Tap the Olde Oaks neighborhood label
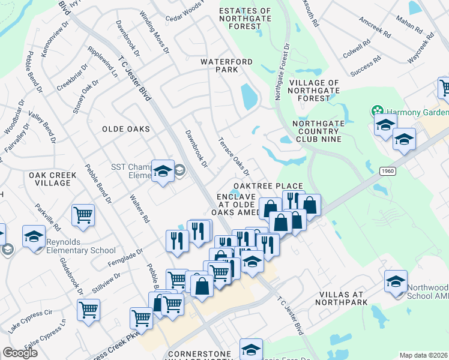click(125, 129)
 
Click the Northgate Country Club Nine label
click(316, 131)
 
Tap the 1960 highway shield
click(388, 172)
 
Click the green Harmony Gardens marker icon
click(377, 110)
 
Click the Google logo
click(20, 353)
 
